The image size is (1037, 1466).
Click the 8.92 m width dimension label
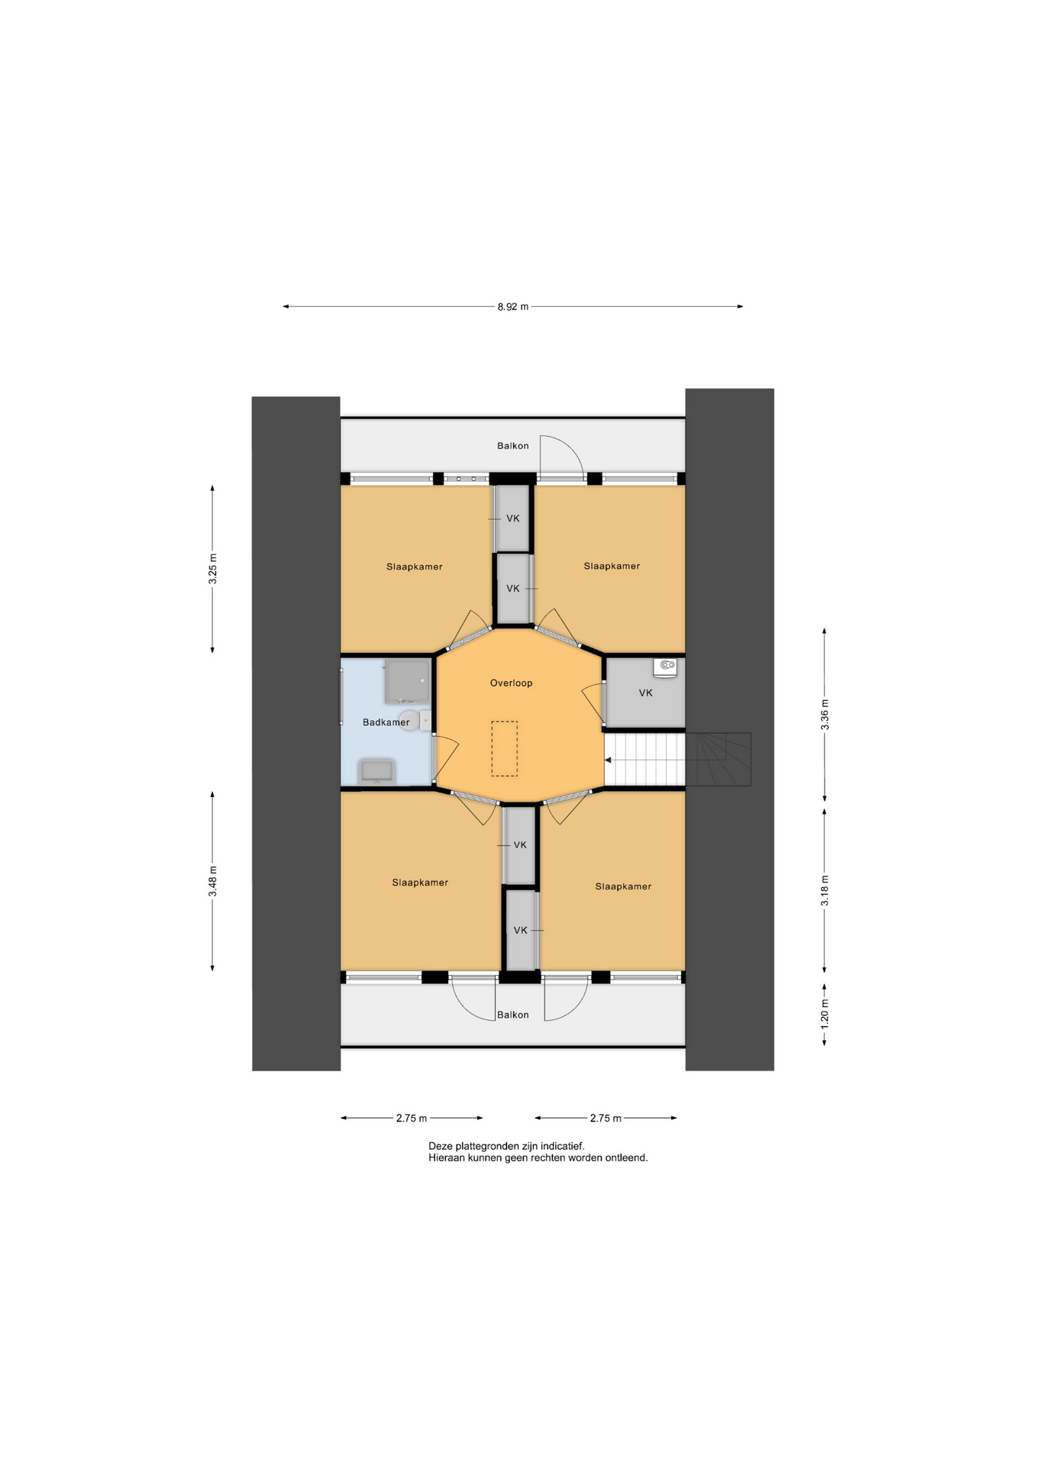point(512,307)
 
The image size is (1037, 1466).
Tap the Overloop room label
point(511,683)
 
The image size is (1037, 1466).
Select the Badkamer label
point(386,722)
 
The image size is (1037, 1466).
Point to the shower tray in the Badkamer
point(407,681)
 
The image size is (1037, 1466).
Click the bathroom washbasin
point(376,771)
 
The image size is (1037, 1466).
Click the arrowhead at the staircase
point(608,760)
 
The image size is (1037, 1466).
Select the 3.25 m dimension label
point(213,569)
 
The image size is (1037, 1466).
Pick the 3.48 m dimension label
point(213,881)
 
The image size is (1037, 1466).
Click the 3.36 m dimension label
point(825,715)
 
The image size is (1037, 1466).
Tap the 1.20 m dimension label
point(825,1013)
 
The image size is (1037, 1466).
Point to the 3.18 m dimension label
point(825,890)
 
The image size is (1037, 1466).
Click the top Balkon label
point(512,446)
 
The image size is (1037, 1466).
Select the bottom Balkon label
point(512,1015)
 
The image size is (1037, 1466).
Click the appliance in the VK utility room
point(665,667)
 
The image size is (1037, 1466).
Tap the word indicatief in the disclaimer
point(562,1146)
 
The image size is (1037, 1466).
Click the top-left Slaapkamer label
point(414,567)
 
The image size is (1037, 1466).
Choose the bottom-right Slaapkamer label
point(623,886)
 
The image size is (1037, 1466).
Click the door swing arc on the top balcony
point(571,448)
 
